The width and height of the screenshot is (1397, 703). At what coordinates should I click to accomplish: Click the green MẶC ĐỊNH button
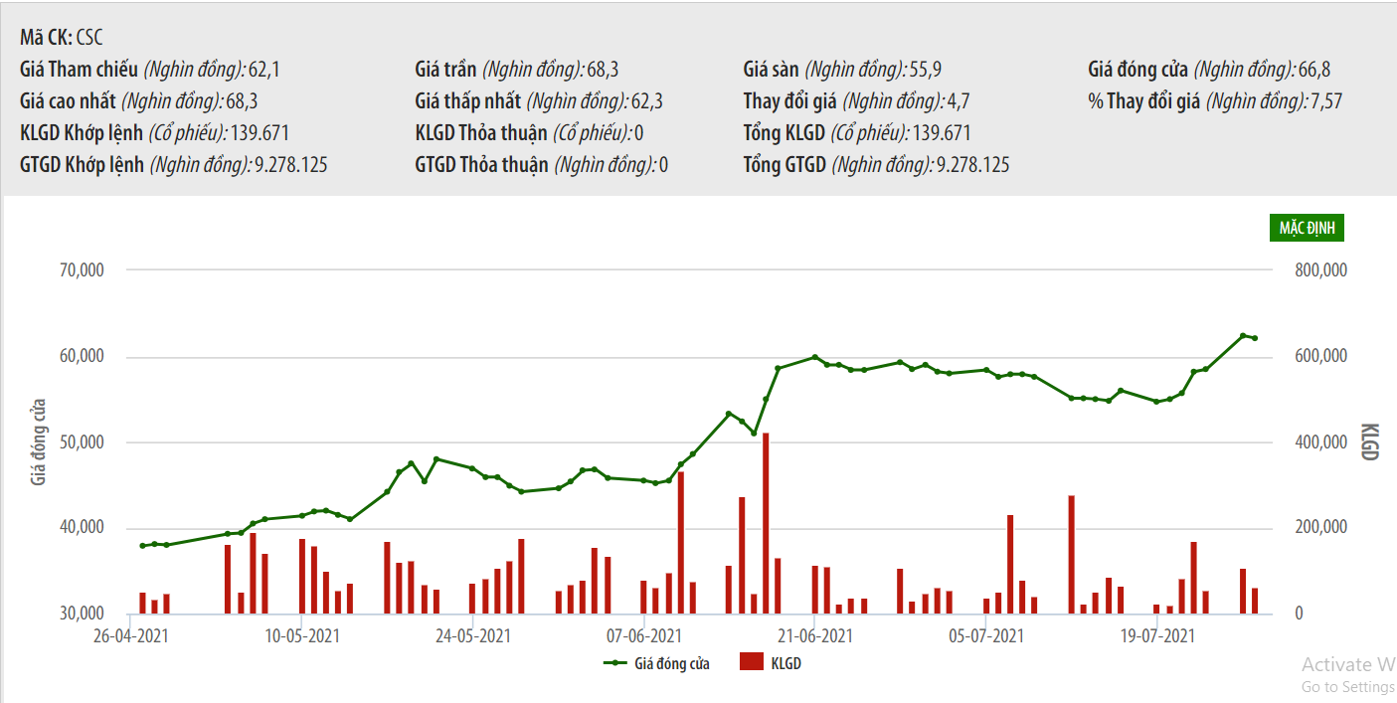tap(1307, 228)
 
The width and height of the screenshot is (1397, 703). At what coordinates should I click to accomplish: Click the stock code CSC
tap(89, 39)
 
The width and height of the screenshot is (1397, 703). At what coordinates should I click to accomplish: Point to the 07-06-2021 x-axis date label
tap(643, 634)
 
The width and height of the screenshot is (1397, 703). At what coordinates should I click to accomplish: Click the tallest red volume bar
tap(766, 523)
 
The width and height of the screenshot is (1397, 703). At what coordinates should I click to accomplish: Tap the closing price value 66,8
tap(1314, 70)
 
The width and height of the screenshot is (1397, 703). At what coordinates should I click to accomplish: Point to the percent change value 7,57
tap(1326, 101)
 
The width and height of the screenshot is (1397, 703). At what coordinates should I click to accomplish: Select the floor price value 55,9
tap(925, 70)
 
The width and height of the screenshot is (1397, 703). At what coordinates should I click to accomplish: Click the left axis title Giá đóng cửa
tap(39, 441)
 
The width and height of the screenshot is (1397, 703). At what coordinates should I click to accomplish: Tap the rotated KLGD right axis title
tap(1370, 441)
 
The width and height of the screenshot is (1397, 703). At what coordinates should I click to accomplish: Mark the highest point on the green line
tap(1243, 335)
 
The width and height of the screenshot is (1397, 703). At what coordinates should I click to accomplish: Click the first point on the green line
tap(142, 546)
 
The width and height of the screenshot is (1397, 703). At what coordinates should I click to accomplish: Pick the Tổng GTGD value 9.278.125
tap(972, 165)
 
